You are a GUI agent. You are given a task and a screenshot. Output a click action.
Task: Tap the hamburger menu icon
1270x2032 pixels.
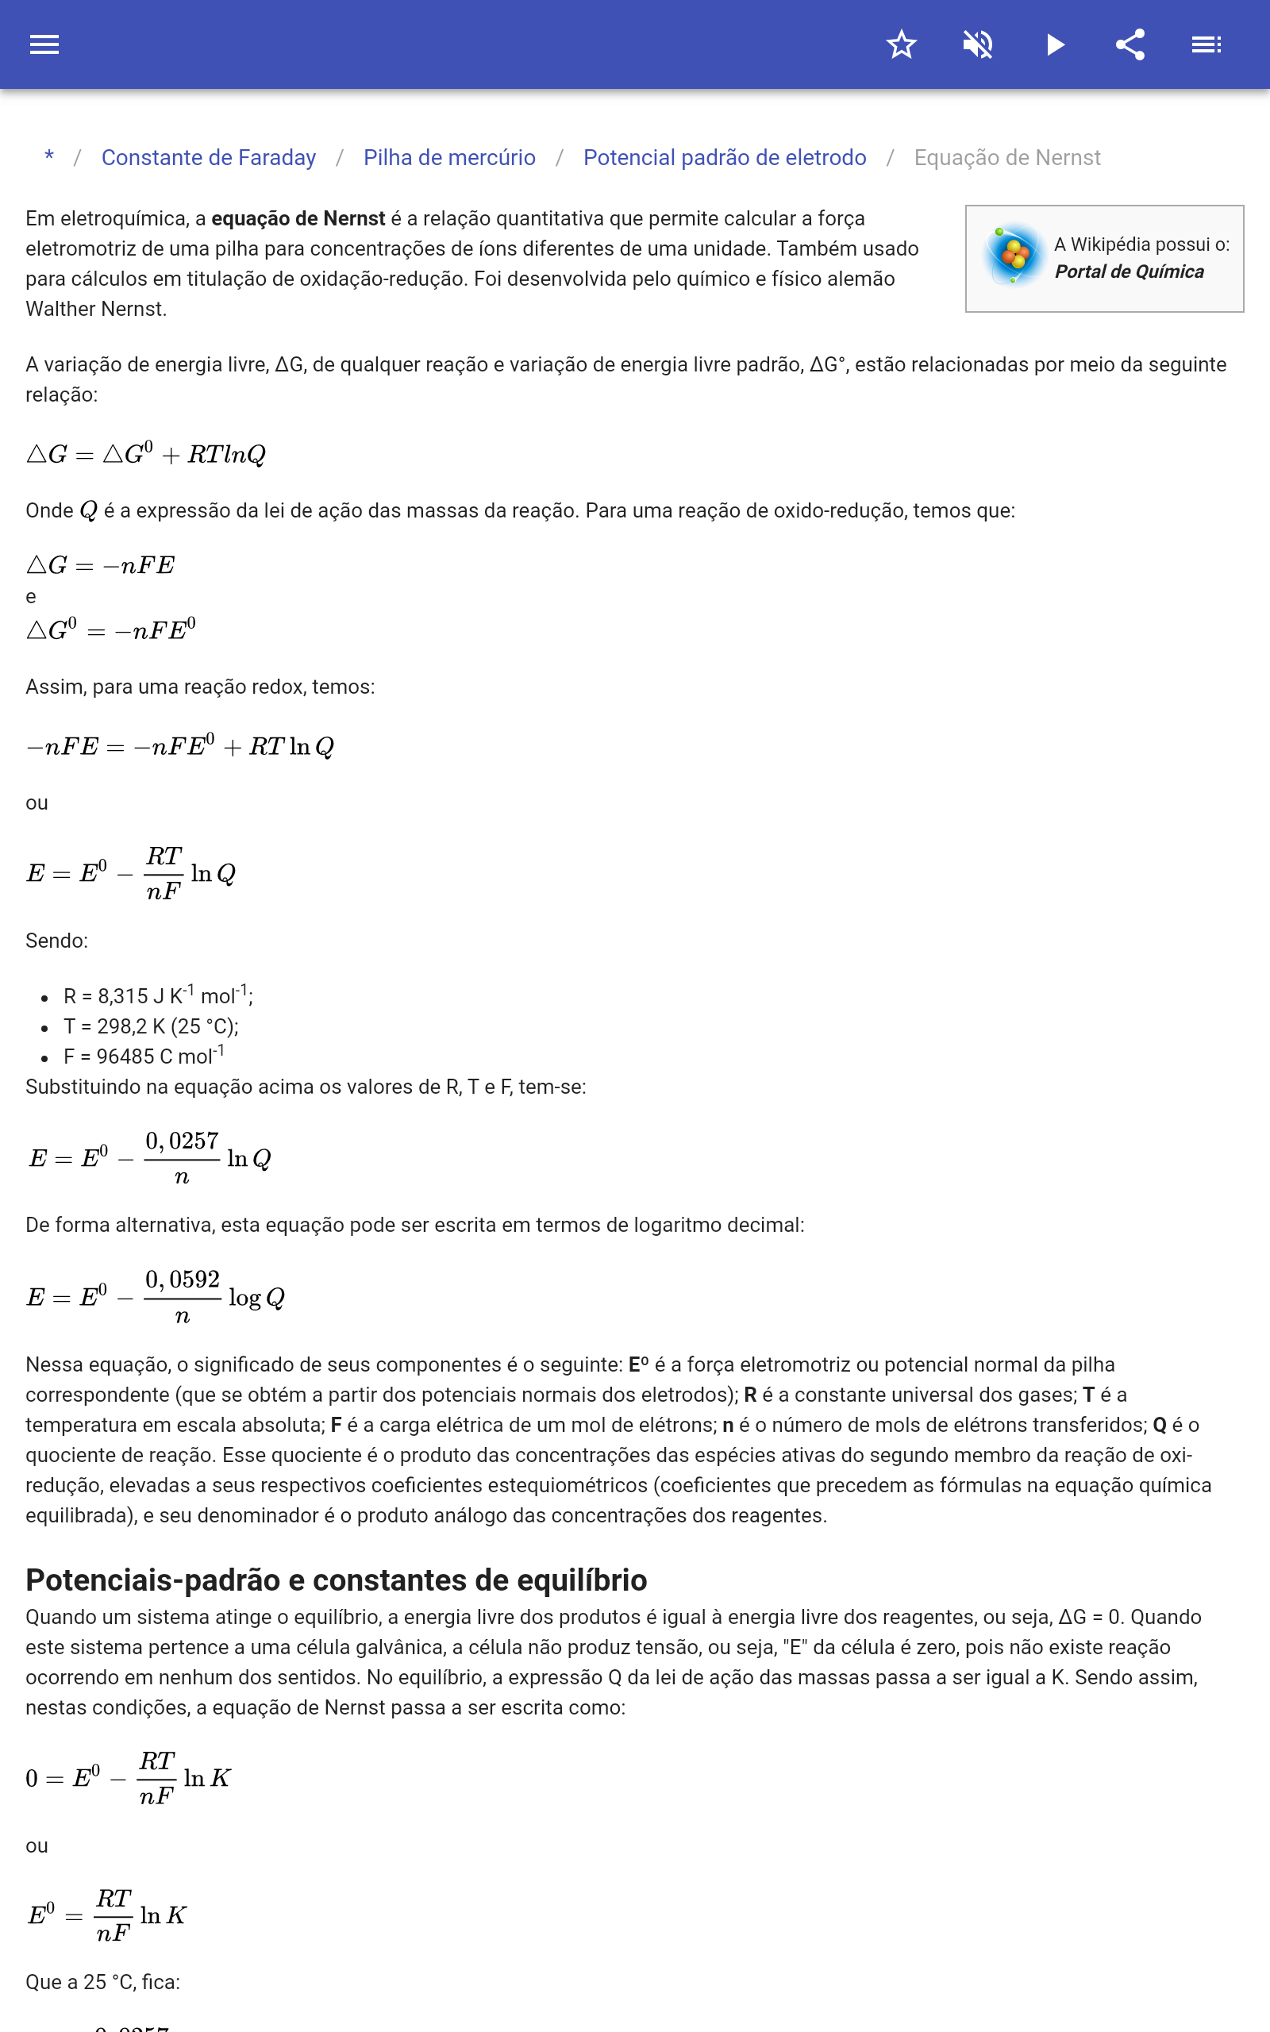tap(44, 44)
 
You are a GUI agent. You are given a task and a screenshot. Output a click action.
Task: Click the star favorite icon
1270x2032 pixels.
tap(901, 44)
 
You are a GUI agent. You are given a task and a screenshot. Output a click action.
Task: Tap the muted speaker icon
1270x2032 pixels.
tap(978, 44)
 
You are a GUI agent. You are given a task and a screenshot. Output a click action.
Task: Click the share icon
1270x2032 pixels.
tap(1130, 44)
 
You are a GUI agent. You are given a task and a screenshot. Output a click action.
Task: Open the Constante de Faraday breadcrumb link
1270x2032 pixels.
tap(208, 158)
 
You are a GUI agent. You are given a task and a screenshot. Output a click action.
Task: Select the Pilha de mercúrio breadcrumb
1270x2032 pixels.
tap(449, 158)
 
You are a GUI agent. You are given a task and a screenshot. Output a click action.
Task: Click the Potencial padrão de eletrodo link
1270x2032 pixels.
tap(724, 158)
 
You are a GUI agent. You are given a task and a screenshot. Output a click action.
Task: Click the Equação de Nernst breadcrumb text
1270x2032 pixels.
tap(1006, 158)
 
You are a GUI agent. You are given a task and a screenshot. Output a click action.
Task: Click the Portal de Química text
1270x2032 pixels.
tap(1129, 272)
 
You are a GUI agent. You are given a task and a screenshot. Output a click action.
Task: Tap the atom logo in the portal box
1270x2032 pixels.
tap(1014, 255)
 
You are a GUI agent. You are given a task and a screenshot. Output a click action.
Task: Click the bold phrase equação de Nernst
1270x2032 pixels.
tap(298, 219)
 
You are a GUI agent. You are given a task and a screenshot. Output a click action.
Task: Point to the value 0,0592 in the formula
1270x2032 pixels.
tap(183, 1280)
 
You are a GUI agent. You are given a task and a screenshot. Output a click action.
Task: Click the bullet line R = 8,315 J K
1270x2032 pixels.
tap(158, 997)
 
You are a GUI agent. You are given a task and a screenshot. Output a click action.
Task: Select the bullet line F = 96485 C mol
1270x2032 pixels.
tap(144, 1057)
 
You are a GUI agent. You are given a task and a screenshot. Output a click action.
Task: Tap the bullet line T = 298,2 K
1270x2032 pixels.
tap(151, 1027)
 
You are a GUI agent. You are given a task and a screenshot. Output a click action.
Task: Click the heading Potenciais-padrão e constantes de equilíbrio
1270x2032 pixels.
tap(336, 1580)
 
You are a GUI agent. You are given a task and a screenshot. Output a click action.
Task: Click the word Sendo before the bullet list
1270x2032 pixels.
tap(56, 941)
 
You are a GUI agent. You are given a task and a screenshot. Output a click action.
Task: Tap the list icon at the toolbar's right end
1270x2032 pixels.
tap(1206, 44)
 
